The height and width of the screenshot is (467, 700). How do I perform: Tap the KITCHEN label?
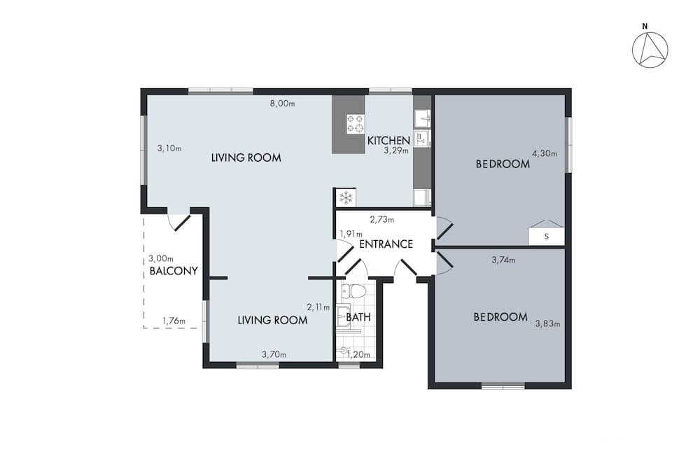pos(388,141)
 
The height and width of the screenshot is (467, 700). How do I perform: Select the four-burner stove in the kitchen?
pos(355,124)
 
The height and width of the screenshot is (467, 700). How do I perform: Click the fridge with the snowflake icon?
pos(345,197)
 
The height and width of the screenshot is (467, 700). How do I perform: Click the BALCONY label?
pos(174,271)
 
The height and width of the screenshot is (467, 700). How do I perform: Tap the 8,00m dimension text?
pos(283,104)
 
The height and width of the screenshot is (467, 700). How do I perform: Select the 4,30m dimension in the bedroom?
pos(544,153)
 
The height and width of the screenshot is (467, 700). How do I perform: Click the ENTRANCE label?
pos(386,244)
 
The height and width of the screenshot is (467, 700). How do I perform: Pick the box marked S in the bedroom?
pos(546,237)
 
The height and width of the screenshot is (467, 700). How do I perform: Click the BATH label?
pos(358,317)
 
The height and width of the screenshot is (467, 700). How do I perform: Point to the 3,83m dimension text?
pos(547,323)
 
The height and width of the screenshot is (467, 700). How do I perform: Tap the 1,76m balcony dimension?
pos(174,321)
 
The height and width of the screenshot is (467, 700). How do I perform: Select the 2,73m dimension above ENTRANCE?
pos(381,220)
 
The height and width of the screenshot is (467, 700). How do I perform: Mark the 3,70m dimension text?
pos(274,354)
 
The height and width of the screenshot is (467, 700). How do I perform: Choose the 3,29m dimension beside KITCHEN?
pos(395,150)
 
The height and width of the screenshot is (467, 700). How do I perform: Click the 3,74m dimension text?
pos(503,260)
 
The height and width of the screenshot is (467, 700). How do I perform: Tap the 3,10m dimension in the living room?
pos(169,148)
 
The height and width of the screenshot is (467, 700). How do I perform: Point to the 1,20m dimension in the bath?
pos(358,354)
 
